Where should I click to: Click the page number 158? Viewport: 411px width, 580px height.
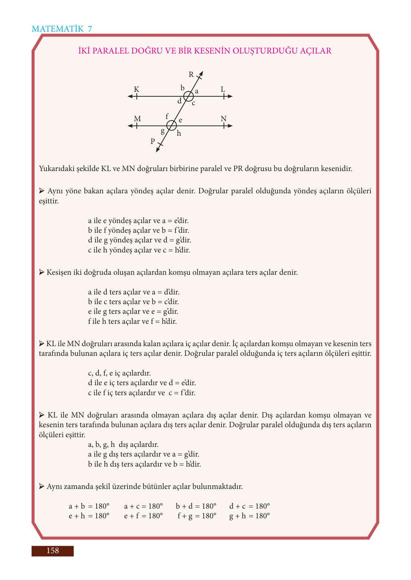point(52,551)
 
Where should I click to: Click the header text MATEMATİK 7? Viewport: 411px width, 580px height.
point(62,29)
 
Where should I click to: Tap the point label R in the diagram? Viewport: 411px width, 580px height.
point(191,75)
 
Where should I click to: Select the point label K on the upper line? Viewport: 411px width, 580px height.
point(136,89)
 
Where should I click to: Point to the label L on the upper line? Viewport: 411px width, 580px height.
point(223,89)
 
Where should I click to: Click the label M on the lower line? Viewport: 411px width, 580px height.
point(137,119)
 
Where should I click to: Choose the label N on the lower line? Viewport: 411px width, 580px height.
point(223,119)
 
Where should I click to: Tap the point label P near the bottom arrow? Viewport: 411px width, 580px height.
point(153,141)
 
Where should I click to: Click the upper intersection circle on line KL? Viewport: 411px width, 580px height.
point(188,96)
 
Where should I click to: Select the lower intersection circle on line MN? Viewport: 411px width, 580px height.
point(171,126)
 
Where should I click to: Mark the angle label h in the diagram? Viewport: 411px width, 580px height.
point(179,133)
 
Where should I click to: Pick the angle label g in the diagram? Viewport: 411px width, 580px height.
point(162,131)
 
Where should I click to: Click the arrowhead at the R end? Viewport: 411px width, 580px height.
point(201,74)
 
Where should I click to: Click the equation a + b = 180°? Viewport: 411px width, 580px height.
point(89,506)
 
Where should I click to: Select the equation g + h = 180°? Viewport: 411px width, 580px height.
point(249,516)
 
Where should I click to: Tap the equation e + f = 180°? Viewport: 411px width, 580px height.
point(143,516)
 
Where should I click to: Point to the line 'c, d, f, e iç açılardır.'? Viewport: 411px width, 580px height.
point(119,373)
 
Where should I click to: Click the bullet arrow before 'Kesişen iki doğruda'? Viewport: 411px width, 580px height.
point(42,273)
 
